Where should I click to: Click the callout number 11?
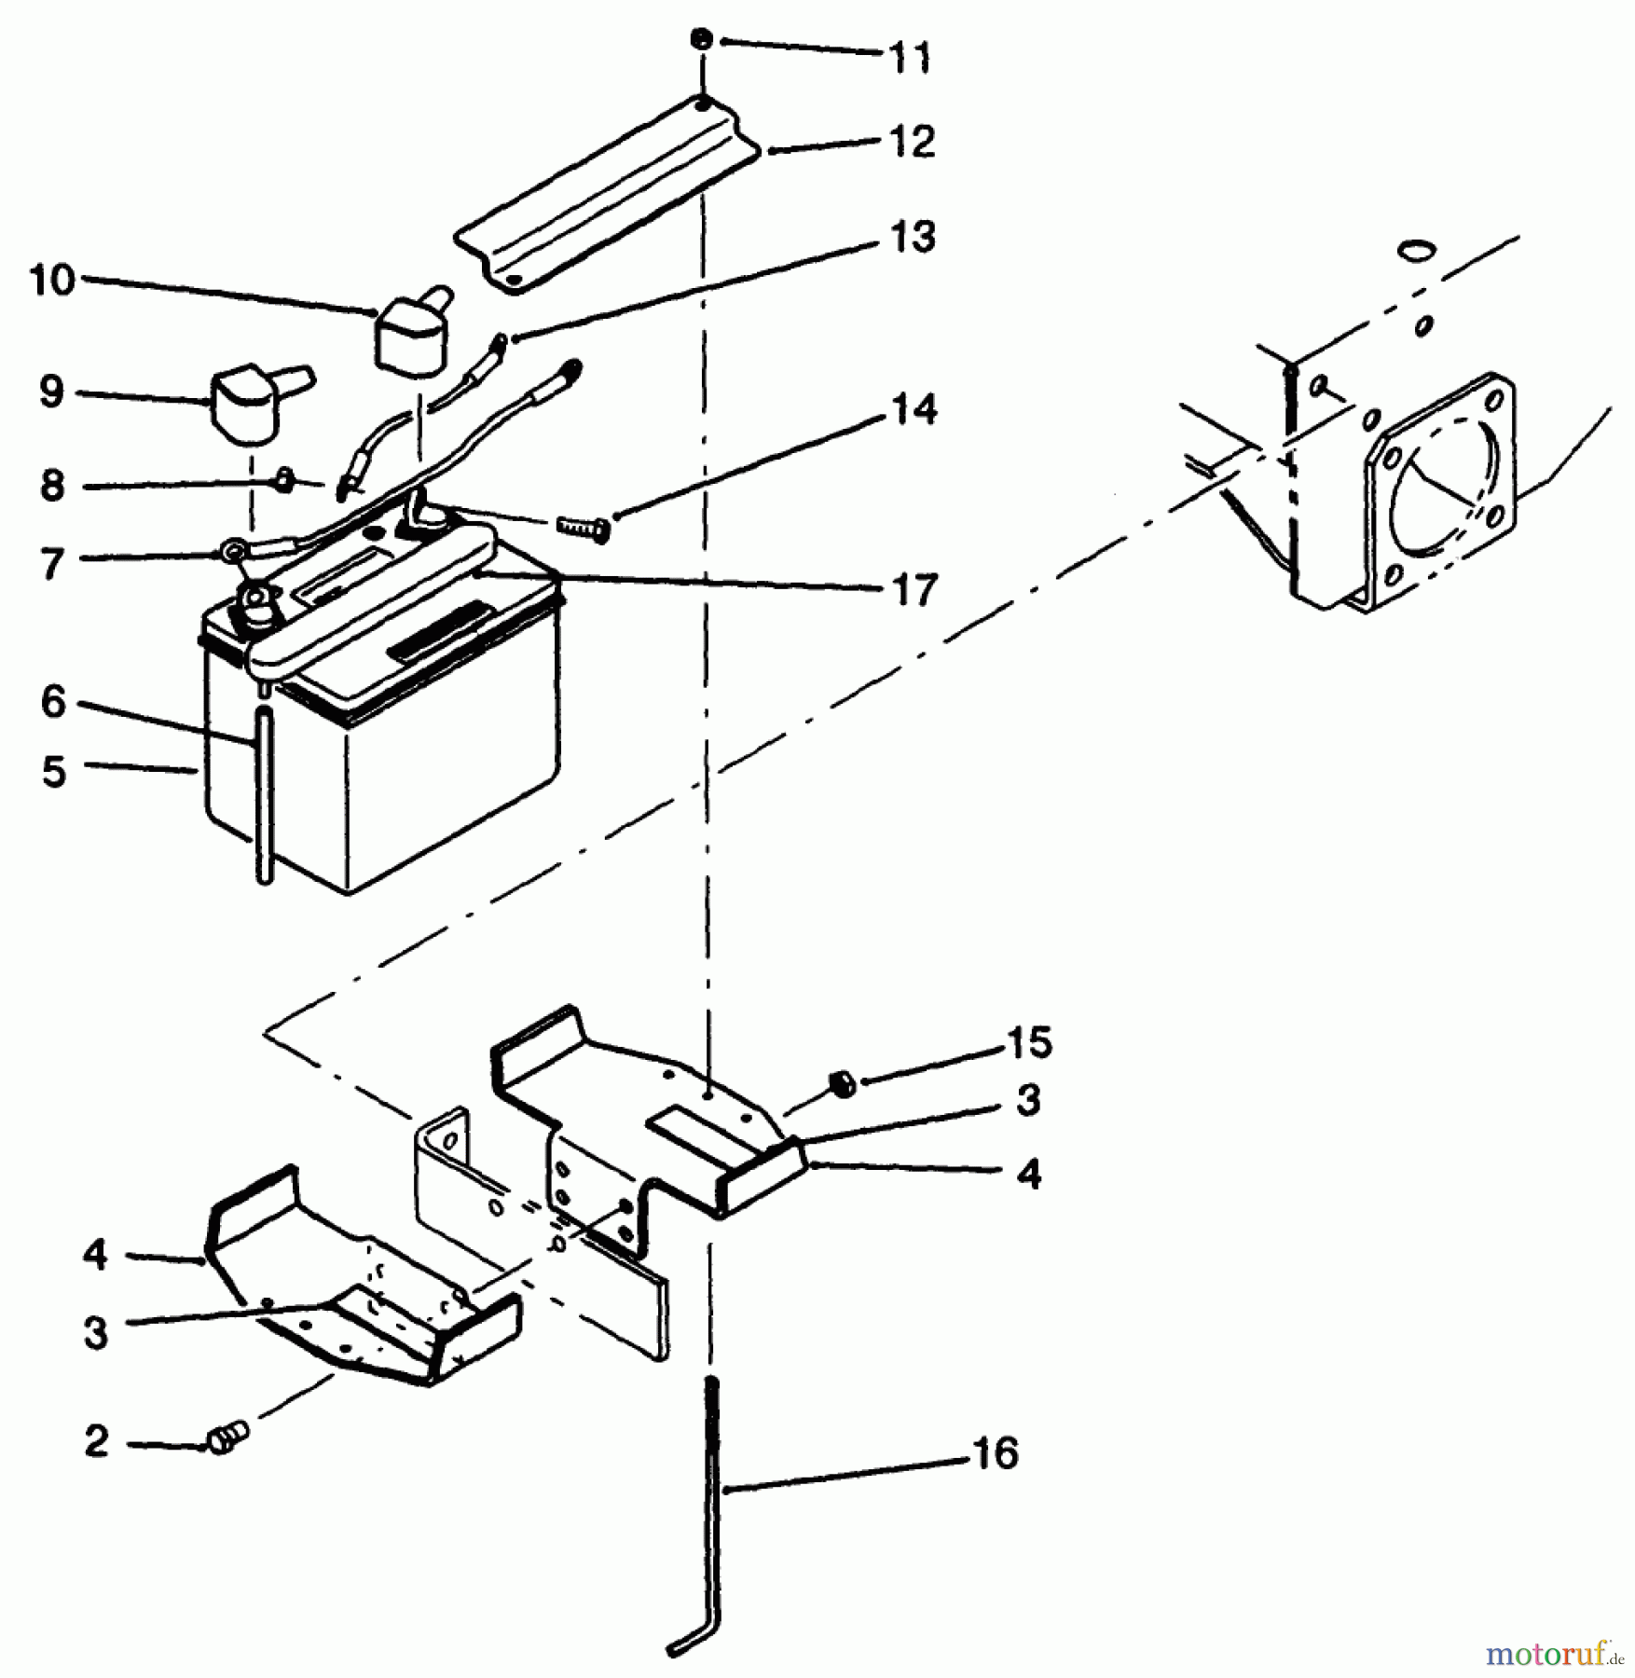coord(910,58)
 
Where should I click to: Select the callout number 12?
coord(911,142)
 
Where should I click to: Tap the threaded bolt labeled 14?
coord(582,529)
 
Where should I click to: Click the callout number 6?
coord(53,702)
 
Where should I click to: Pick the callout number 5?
coord(53,772)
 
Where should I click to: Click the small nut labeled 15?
coord(841,1084)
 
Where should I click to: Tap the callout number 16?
coord(995,1453)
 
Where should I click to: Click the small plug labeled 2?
coord(227,1437)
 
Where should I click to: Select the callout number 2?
coord(96,1442)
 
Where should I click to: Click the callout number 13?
coord(912,237)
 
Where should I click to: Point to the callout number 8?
coord(52,486)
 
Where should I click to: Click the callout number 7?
coord(52,564)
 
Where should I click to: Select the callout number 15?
coord(1028,1042)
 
